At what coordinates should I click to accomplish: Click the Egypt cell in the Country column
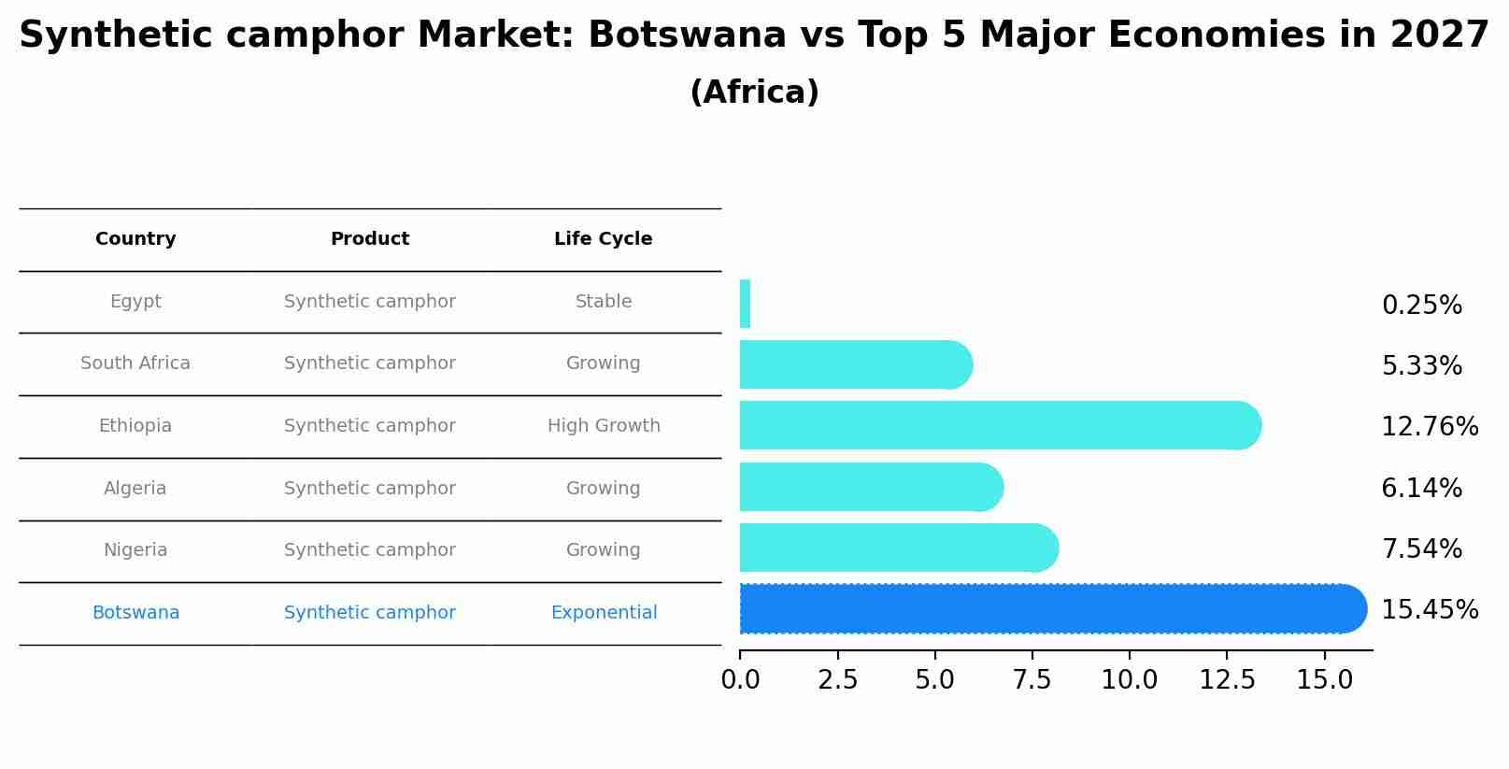tap(135, 302)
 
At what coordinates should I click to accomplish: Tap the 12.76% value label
tap(1429, 427)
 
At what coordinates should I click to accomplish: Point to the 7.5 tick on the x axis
tap(1032, 679)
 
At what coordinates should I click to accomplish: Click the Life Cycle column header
tap(603, 239)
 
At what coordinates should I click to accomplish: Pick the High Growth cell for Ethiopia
tap(604, 426)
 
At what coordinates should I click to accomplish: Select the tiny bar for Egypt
tap(745, 304)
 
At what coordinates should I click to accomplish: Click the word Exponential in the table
tap(604, 613)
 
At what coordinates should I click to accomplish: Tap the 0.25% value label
tap(1421, 306)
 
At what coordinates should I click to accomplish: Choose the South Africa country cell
tap(135, 363)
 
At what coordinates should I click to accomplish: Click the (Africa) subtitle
tap(754, 93)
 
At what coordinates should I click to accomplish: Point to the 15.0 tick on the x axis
tap(1324, 679)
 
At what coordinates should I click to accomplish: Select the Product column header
tap(370, 239)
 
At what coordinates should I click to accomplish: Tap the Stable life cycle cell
tap(604, 302)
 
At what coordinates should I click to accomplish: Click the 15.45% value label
tap(1429, 610)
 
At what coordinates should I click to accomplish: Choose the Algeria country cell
tap(135, 489)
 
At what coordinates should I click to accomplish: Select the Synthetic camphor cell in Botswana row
tap(370, 613)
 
